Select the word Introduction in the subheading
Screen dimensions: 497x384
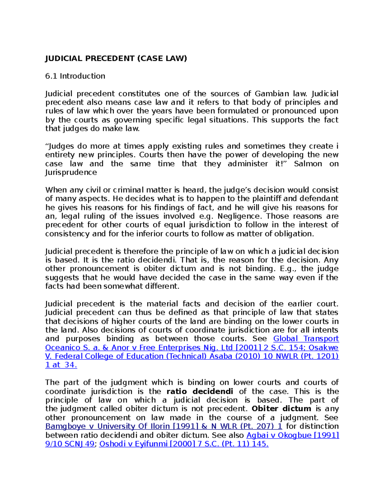pos(82,76)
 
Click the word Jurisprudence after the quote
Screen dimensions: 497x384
pos(71,172)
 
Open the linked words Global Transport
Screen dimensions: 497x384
pos(306,339)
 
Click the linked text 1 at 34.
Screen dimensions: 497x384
pos(61,365)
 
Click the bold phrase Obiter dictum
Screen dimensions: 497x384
pos(281,409)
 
